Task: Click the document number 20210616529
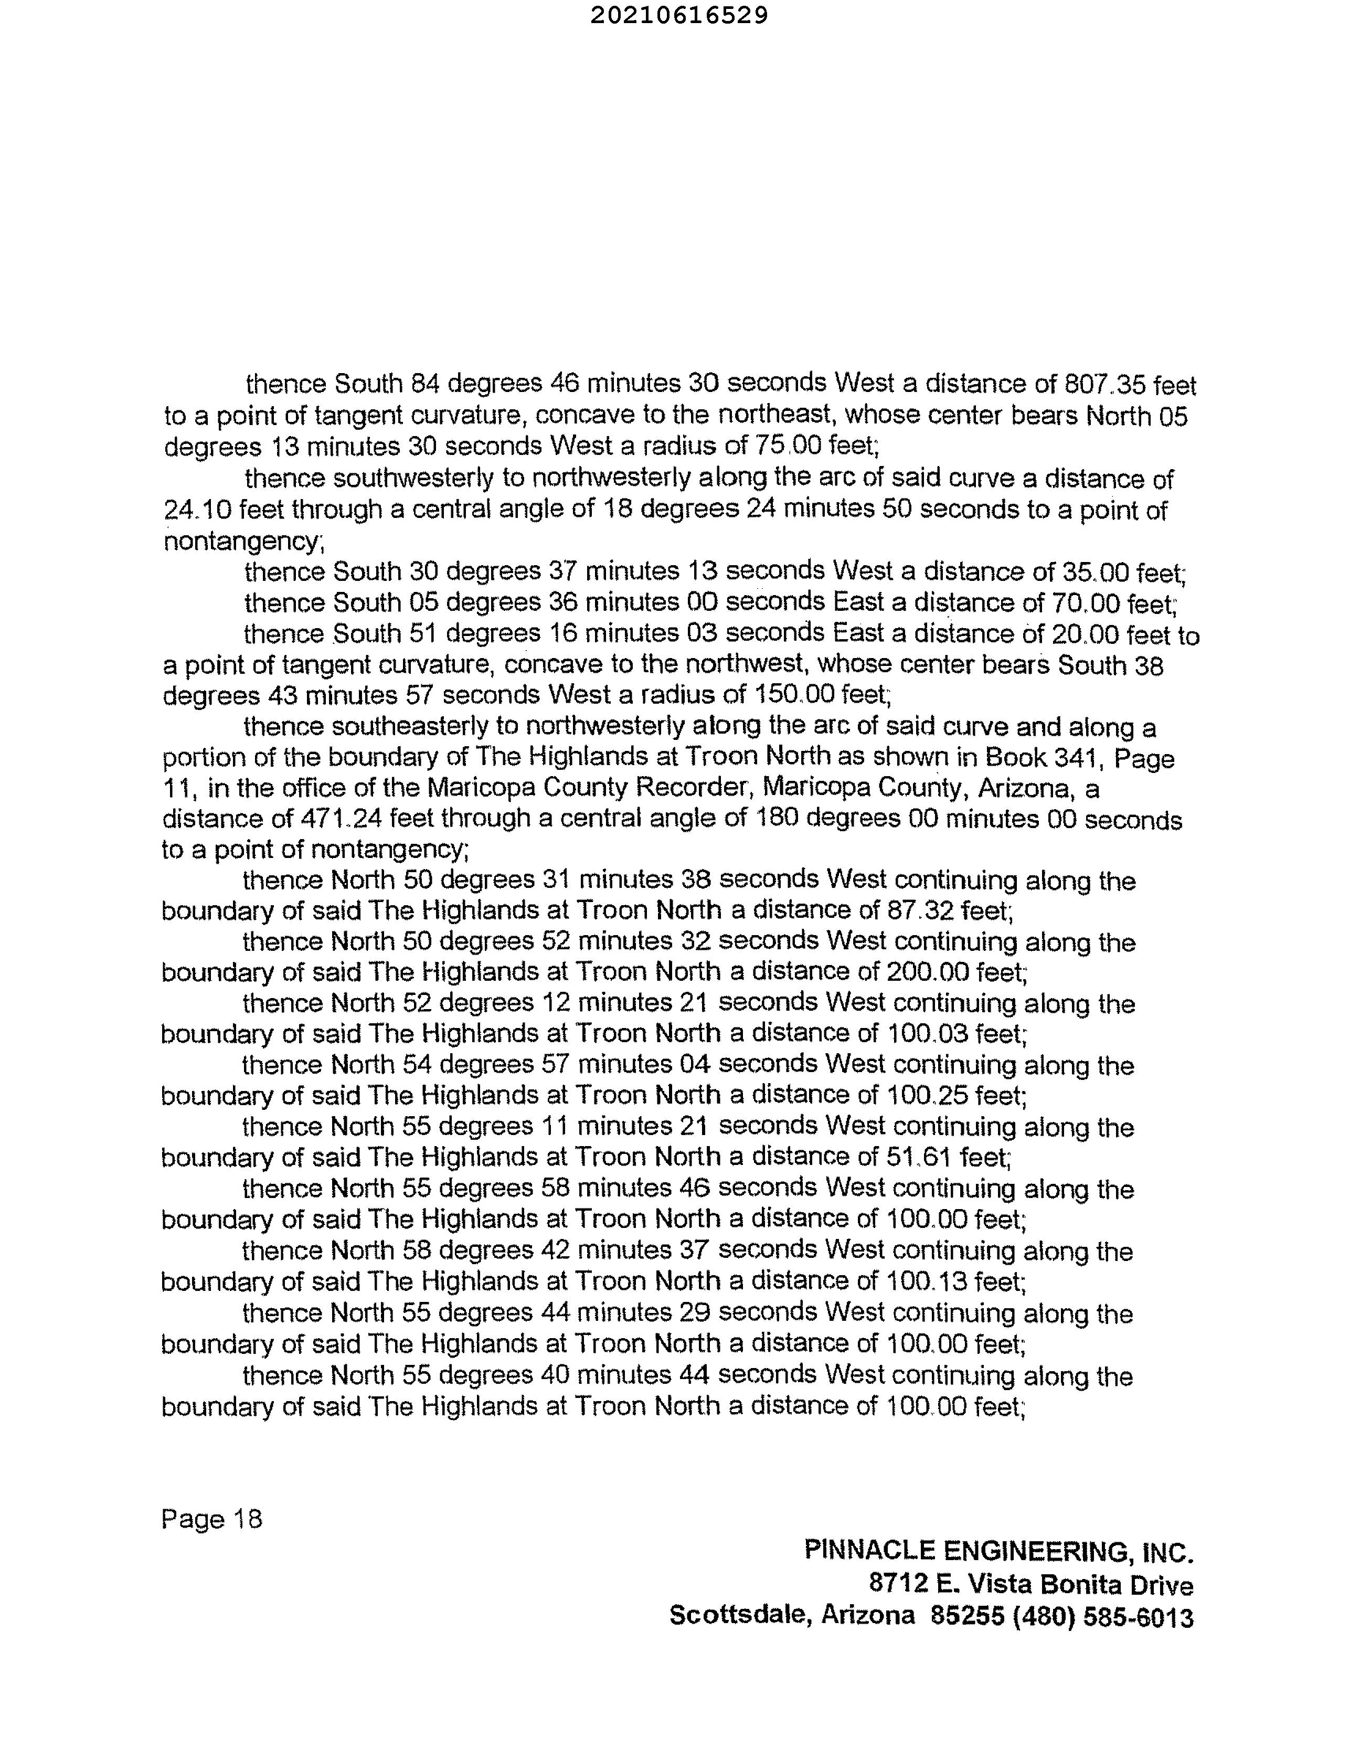tap(679, 15)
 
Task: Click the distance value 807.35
tap(1104, 385)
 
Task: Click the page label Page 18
tap(212, 1519)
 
